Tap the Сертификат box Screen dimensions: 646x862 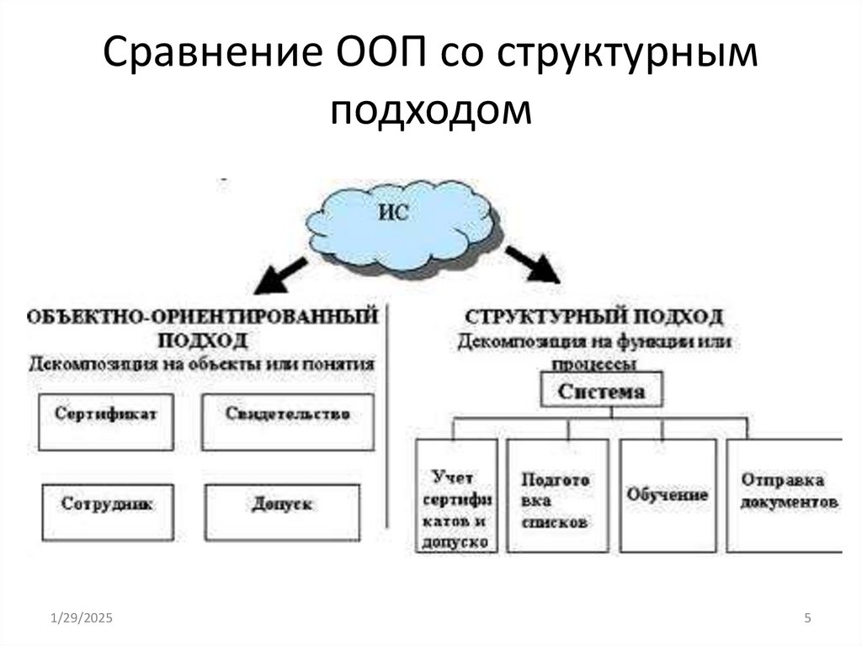[x=106, y=421]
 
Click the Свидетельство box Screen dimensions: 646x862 [x=288, y=421]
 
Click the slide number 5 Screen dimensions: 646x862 [x=807, y=619]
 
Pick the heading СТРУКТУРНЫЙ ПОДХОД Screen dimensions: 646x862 [x=594, y=318]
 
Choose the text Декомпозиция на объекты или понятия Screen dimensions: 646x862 [x=202, y=364]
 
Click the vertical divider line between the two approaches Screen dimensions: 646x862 [x=388, y=413]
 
